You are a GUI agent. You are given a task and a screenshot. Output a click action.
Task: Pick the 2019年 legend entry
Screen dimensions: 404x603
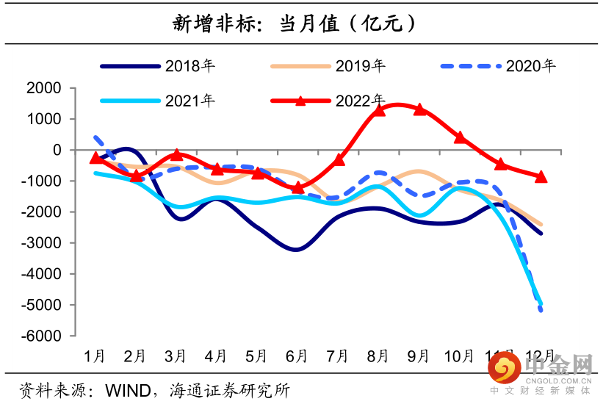[360, 66]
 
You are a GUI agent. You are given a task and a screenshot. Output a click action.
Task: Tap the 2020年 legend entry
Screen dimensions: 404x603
[530, 66]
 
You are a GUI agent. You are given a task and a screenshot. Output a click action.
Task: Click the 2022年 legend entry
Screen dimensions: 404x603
[360, 101]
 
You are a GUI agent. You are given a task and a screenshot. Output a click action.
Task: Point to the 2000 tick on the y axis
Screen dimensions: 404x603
[46, 88]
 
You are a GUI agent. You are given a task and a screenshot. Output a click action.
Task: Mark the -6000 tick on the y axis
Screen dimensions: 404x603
[43, 336]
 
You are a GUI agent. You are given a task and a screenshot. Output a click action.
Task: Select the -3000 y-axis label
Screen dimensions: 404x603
[43, 243]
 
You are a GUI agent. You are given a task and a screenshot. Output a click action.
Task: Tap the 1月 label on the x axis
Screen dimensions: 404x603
[95, 356]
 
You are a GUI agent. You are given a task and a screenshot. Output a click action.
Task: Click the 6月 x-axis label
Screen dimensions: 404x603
[296, 356]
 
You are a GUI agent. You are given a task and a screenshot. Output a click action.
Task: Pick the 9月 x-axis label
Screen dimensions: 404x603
[418, 356]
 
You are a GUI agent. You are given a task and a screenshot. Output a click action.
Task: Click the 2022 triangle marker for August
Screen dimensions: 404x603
[380, 110]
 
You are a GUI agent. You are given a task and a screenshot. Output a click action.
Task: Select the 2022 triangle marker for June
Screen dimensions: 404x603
[297, 188]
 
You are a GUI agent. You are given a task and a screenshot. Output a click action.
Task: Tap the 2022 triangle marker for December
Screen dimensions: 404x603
[541, 176]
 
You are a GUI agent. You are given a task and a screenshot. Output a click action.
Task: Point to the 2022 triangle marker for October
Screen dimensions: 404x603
[460, 137]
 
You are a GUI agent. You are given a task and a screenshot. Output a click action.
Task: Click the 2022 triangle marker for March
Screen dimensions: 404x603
[176, 155]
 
